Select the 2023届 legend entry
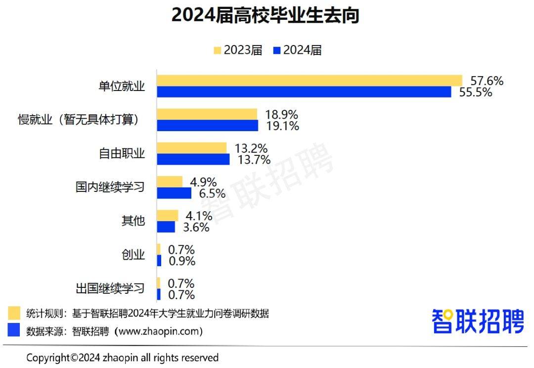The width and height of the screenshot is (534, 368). click(x=237, y=50)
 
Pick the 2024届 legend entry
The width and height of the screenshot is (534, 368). click(x=297, y=50)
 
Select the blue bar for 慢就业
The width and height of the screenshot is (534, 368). click(x=207, y=126)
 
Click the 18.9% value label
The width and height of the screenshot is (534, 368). click(x=281, y=115)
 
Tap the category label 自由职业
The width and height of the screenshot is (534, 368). click(x=122, y=153)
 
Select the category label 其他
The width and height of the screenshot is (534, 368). click(x=133, y=221)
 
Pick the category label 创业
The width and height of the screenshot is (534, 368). click(x=133, y=255)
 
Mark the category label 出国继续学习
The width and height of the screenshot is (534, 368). click(x=110, y=288)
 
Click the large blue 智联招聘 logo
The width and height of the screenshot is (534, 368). click(x=478, y=322)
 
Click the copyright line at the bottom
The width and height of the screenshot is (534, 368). click(x=122, y=357)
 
